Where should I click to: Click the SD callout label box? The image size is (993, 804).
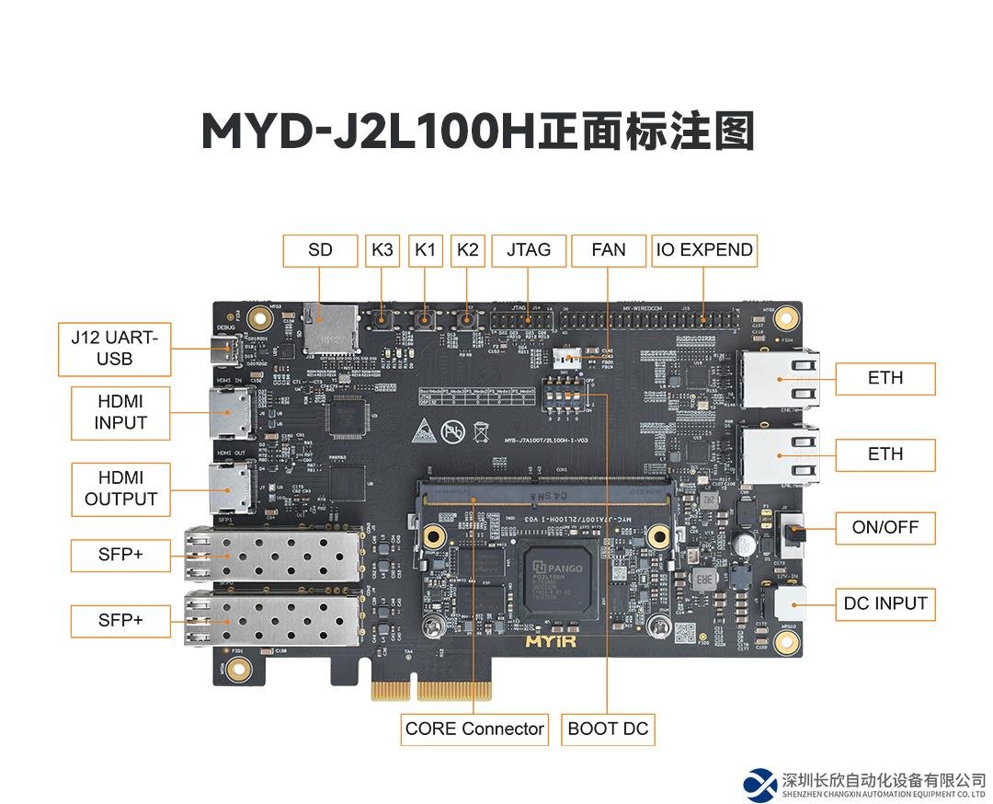[320, 250]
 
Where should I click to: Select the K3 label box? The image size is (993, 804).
[382, 250]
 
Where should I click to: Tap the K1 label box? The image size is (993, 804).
[426, 250]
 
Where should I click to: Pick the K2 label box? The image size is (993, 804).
[468, 250]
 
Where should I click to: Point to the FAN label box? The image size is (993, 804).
[609, 250]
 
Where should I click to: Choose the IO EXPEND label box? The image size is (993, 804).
[704, 250]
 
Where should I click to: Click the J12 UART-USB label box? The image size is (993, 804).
[114, 349]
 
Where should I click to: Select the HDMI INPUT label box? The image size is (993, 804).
[120, 412]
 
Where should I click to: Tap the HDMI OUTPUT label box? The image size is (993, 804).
[120, 488]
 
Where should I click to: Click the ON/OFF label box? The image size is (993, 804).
[885, 528]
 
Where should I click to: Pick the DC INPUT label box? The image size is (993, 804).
[885, 604]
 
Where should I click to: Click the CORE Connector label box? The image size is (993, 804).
[474, 729]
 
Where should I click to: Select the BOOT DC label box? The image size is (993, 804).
[608, 729]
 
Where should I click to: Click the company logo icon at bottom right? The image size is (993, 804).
[760, 783]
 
